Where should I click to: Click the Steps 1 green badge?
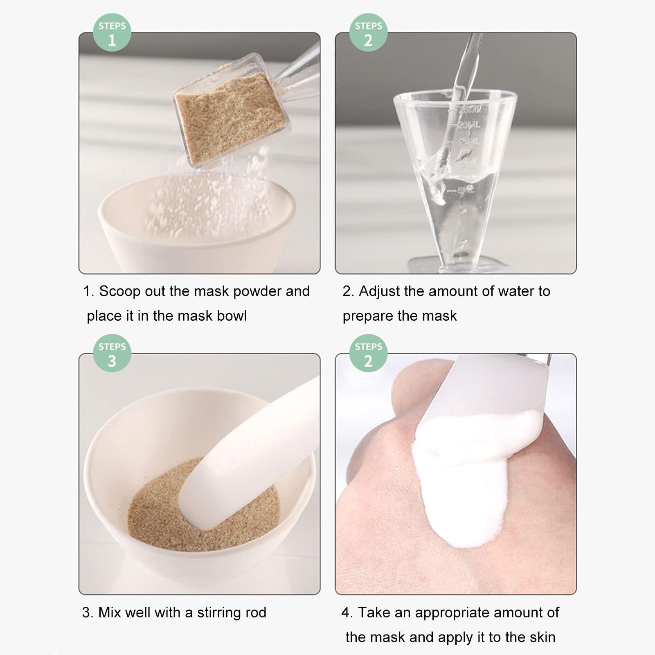click(112, 33)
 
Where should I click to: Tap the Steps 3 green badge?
click(112, 353)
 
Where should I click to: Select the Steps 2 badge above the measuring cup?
click(368, 33)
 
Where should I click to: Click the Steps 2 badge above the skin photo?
click(368, 353)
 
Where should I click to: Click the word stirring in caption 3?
click(219, 612)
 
